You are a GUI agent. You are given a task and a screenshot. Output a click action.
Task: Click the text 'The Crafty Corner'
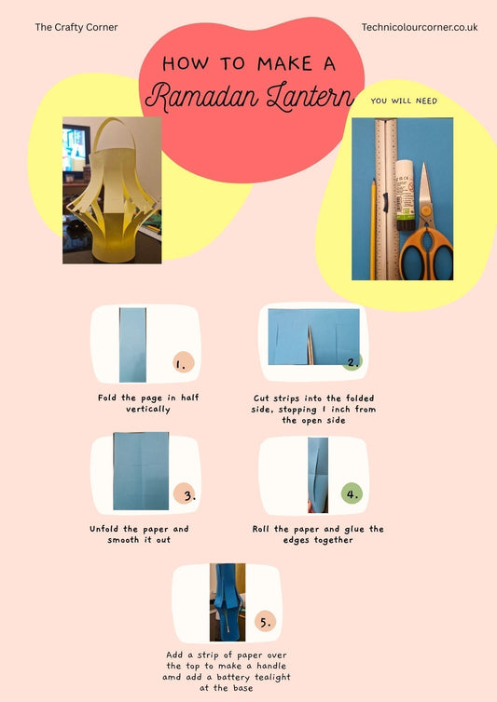76,28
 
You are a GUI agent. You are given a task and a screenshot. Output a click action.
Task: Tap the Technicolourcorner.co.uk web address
419,28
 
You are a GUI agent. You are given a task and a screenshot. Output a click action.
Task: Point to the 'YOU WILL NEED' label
403,101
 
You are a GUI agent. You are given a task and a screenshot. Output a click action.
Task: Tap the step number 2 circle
352,362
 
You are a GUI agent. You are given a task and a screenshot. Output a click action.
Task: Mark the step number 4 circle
352,493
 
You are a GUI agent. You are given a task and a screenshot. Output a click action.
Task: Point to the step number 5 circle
265,622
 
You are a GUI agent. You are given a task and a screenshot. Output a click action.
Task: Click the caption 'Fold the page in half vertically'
147,403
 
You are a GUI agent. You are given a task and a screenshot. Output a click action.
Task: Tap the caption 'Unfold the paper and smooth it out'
139,534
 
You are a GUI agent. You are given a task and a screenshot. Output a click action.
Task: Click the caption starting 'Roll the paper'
317,534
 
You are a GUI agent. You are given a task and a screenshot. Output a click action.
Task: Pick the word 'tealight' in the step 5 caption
265,677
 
